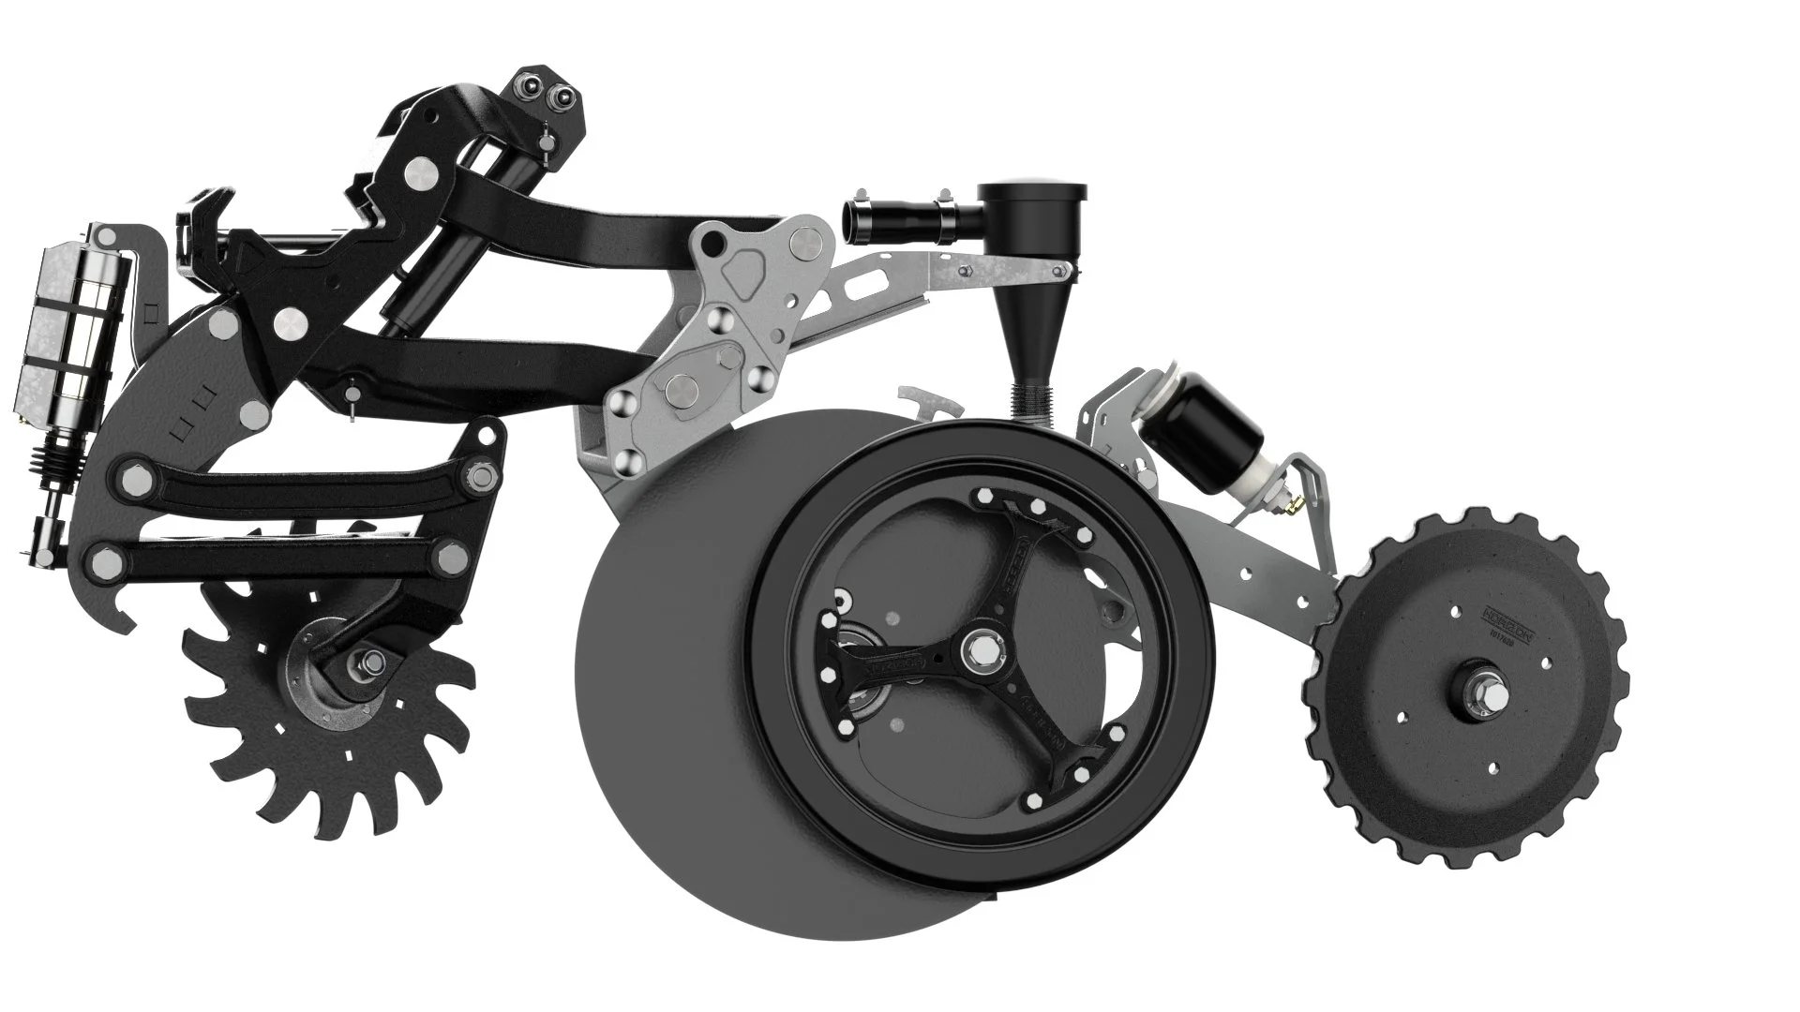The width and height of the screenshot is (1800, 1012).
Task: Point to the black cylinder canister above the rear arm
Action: click(x=1215, y=429)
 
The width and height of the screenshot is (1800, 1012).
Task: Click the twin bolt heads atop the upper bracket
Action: click(x=547, y=89)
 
